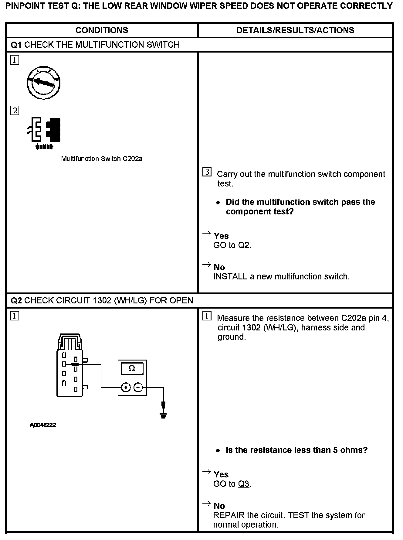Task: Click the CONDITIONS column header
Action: tap(102, 30)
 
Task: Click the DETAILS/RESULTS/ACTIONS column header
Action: tap(295, 30)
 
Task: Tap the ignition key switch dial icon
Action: tap(43, 83)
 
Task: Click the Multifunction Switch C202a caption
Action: tap(101, 159)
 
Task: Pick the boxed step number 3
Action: tap(207, 172)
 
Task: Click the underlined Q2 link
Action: tap(244, 245)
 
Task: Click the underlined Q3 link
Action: tap(244, 484)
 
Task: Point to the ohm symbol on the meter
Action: tap(132, 368)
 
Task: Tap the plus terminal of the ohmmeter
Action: tap(126, 387)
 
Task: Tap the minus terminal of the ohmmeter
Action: tap(138, 387)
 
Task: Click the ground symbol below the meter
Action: tap(163, 415)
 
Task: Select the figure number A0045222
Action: tap(43, 425)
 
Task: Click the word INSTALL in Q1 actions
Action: tap(230, 276)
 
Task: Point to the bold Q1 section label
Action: tap(16, 45)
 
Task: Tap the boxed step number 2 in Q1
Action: tap(15, 110)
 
